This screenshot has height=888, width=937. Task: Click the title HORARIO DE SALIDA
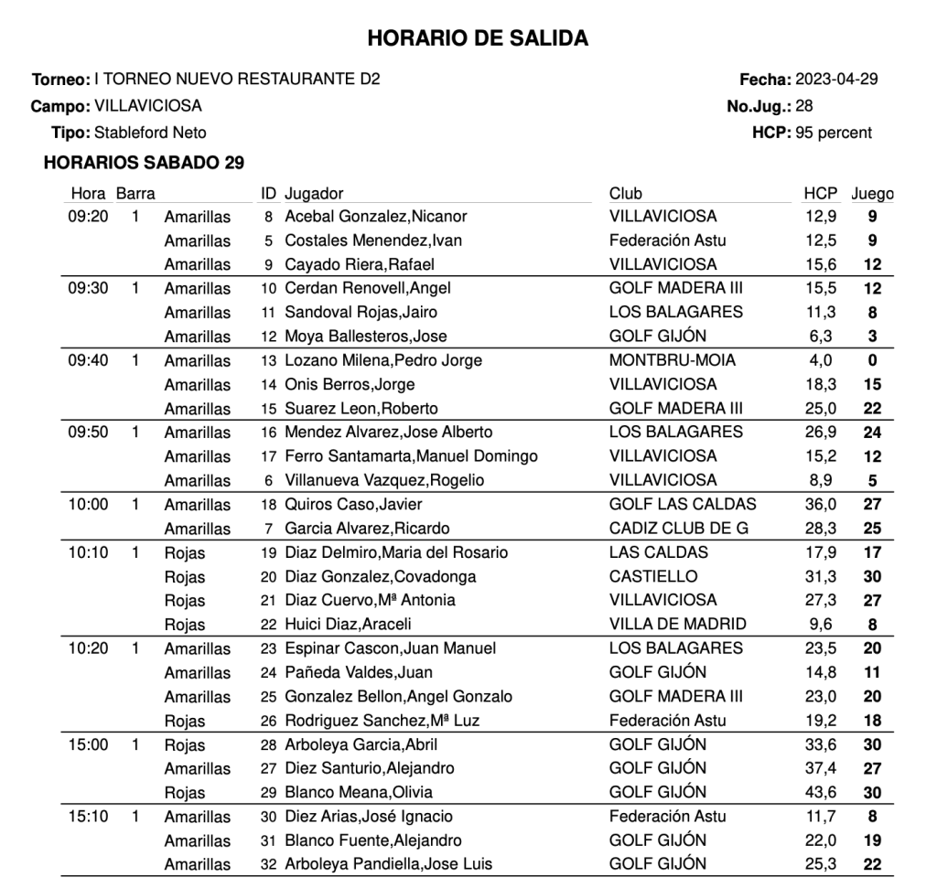pos(477,38)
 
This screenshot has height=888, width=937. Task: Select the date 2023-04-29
pos(837,79)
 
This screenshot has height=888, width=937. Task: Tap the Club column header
pos(626,193)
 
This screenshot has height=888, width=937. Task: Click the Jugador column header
pos(314,193)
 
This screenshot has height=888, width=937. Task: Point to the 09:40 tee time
pos(88,360)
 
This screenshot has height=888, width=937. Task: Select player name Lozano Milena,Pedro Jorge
pos(382,360)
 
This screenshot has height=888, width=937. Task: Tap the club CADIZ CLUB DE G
pos(679,528)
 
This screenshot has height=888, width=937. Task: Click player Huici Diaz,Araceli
pos(348,625)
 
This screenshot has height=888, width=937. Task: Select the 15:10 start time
pos(88,817)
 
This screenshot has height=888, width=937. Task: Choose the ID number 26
pos(268,721)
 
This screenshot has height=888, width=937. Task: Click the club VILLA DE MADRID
pos(677,625)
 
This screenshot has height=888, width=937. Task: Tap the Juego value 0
pos(872,360)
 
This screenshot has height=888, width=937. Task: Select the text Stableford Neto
pos(150,133)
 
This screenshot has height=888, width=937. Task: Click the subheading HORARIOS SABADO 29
pos(144,163)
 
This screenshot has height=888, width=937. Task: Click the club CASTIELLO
pos(653,576)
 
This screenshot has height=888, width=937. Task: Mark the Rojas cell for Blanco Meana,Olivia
pos(185,793)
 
